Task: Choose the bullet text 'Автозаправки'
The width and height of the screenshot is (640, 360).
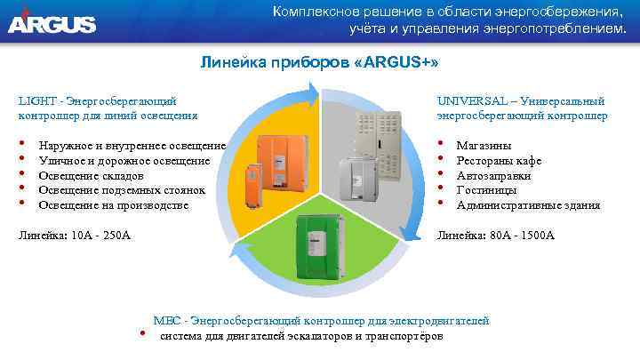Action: (493, 175)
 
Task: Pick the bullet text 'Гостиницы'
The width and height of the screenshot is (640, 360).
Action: (487, 190)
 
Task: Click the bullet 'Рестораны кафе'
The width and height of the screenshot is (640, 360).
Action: (498, 160)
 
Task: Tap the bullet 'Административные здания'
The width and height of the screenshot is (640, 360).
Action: (528, 205)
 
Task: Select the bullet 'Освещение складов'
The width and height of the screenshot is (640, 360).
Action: (97, 175)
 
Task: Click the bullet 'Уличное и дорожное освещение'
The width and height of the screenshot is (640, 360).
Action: (124, 160)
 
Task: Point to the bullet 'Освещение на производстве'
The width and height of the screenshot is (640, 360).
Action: (114, 205)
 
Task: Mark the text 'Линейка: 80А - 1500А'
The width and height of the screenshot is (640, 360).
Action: (495, 236)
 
